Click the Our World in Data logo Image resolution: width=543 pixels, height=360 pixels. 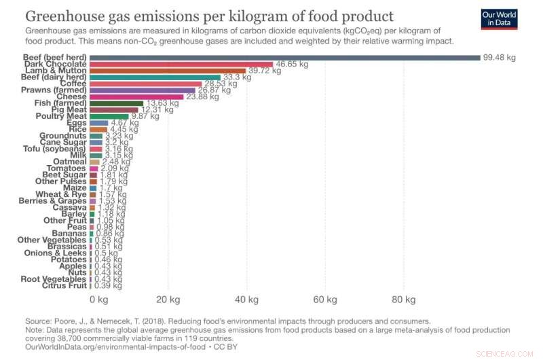[500, 18]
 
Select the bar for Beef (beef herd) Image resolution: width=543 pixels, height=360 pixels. [285, 57]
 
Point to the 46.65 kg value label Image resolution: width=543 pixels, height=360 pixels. [291, 64]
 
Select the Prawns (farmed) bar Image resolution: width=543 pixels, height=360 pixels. [143, 90]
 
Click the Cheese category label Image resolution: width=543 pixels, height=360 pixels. [71, 96]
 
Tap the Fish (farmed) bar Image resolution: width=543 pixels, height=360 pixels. [116, 103]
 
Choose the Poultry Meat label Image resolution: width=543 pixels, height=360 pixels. [60, 116]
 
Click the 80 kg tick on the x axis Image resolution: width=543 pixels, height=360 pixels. [404, 299]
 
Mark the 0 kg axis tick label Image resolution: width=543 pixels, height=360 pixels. [98, 299]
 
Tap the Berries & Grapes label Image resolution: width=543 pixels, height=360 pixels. [52, 201]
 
